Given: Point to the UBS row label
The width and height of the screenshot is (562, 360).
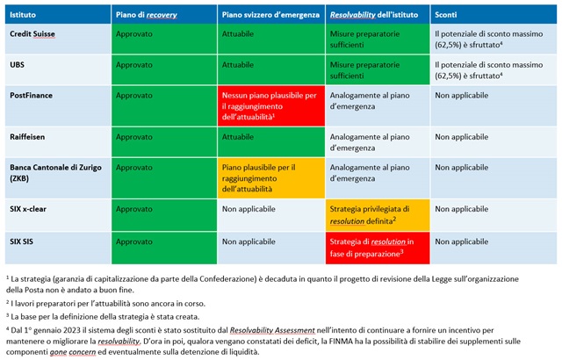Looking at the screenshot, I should (x=18, y=64).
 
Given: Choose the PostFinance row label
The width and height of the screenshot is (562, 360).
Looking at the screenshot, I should (x=33, y=94).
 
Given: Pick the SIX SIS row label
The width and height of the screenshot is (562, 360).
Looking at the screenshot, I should (x=25, y=241).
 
